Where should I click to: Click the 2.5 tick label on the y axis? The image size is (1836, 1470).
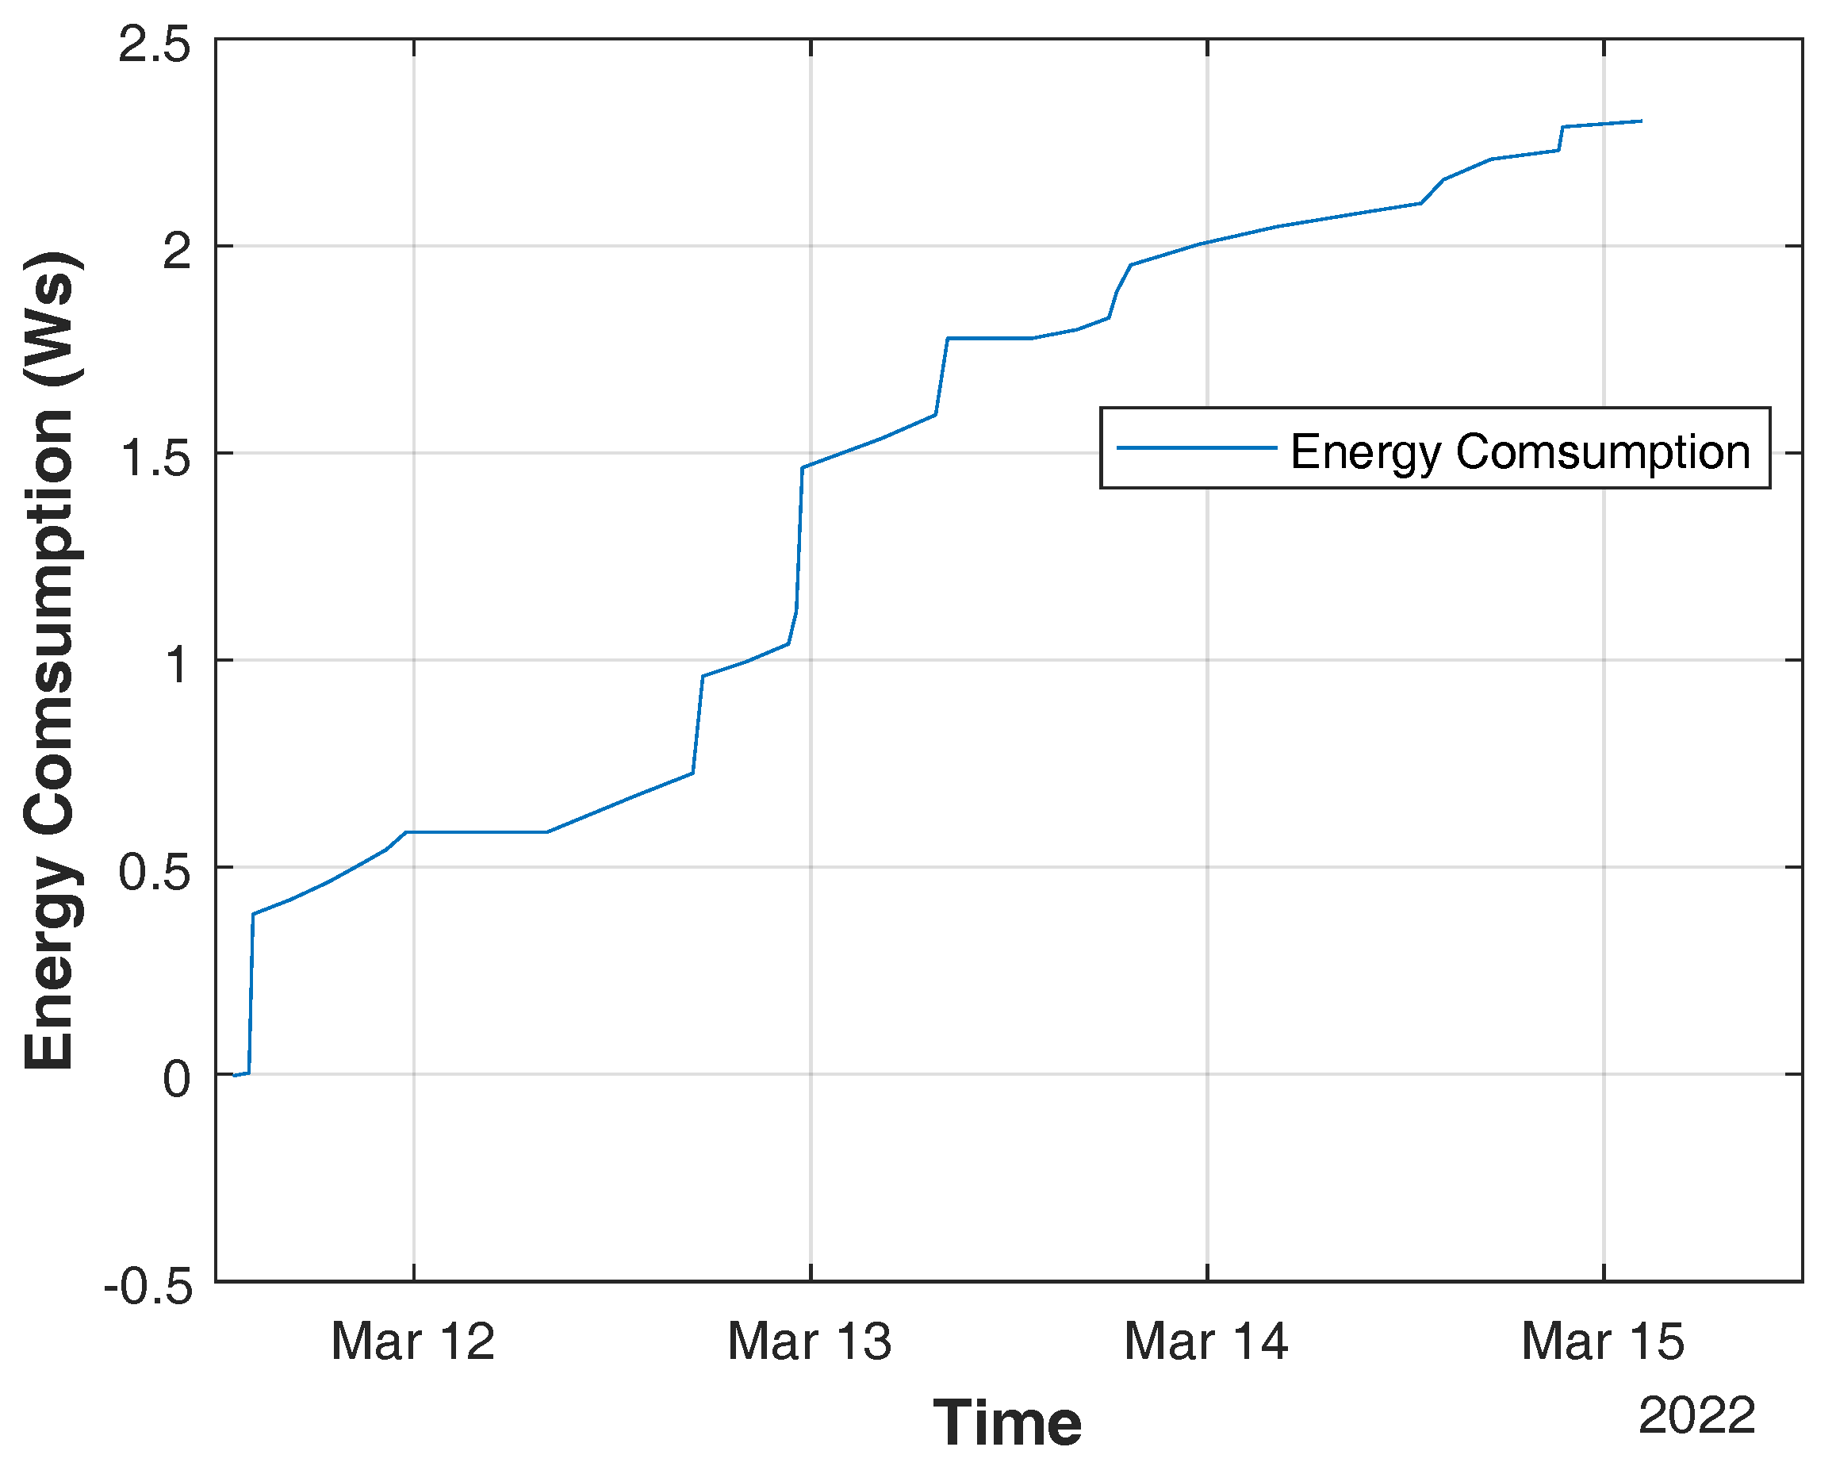[154, 44]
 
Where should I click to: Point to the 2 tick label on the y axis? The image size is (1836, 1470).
[176, 251]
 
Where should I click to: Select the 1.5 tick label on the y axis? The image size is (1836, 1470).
[154, 459]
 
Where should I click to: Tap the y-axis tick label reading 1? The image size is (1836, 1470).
[176, 665]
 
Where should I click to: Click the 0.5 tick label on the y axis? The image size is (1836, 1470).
[154, 872]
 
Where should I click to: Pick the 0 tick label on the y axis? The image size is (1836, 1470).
[176, 1079]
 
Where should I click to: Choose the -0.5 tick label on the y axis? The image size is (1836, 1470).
[148, 1286]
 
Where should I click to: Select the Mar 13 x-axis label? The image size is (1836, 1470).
[809, 1342]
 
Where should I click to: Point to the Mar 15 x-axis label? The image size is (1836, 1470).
[1603, 1342]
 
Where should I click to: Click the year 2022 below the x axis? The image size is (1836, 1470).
[1696, 1416]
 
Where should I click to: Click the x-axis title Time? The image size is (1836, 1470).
[1007, 1423]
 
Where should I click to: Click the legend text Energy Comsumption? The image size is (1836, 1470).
[1520, 451]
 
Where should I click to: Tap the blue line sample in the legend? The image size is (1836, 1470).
[1197, 448]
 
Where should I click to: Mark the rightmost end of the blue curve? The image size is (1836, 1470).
[1641, 121]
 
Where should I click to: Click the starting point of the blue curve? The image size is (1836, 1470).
[234, 1076]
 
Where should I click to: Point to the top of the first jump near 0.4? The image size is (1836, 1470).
[254, 914]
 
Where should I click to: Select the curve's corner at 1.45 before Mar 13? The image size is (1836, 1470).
[802, 467]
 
